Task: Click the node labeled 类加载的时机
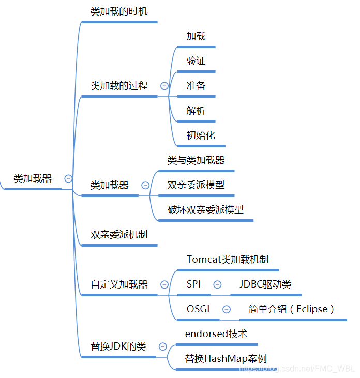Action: (119, 11)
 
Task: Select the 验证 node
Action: (196, 61)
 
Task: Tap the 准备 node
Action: (196, 86)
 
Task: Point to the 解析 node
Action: (196, 111)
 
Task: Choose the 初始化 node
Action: (201, 135)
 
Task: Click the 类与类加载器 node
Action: (196, 160)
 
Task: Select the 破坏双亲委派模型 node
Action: (205, 209)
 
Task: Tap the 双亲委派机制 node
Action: (119, 234)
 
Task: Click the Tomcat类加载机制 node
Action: (228, 259)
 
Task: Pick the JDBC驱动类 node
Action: (265, 284)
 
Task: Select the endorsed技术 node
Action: (216, 334)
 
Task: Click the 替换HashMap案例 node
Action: (226, 359)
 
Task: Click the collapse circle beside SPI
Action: (217, 284)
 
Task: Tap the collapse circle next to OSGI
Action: (227, 309)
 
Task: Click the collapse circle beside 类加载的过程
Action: (164, 86)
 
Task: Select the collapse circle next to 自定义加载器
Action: (164, 284)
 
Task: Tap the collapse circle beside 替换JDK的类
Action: (162, 346)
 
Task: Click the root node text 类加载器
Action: (33, 179)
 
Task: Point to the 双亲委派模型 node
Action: (196, 185)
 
